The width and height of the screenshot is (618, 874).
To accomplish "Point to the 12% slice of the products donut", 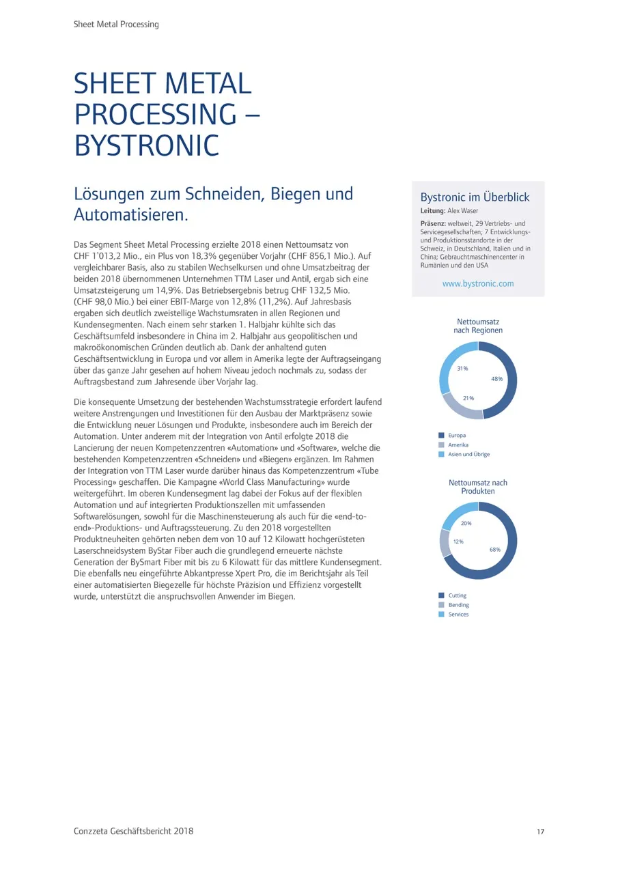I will click(x=445, y=543).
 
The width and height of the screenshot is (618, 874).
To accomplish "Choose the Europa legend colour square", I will click(x=441, y=435).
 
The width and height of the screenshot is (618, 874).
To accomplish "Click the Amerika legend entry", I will click(x=458, y=445).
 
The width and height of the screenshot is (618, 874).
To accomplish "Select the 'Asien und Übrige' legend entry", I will click(x=468, y=454).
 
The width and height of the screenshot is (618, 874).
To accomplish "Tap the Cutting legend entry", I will click(x=457, y=595).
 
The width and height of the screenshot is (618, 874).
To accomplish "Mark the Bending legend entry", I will click(x=458, y=605).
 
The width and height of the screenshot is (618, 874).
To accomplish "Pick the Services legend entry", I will click(x=458, y=615).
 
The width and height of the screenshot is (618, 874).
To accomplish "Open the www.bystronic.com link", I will click(x=478, y=283).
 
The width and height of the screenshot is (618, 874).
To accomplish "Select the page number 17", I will click(x=540, y=832).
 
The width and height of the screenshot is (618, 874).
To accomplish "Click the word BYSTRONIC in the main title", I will click(x=147, y=145).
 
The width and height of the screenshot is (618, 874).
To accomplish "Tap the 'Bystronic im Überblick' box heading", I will click(x=475, y=197).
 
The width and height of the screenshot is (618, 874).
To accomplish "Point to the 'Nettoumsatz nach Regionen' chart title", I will click(x=478, y=326).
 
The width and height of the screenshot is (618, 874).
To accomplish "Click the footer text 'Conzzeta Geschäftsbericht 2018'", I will click(x=133, y=831).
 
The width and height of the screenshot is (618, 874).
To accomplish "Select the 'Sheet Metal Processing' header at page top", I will click(x=116, y=25).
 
